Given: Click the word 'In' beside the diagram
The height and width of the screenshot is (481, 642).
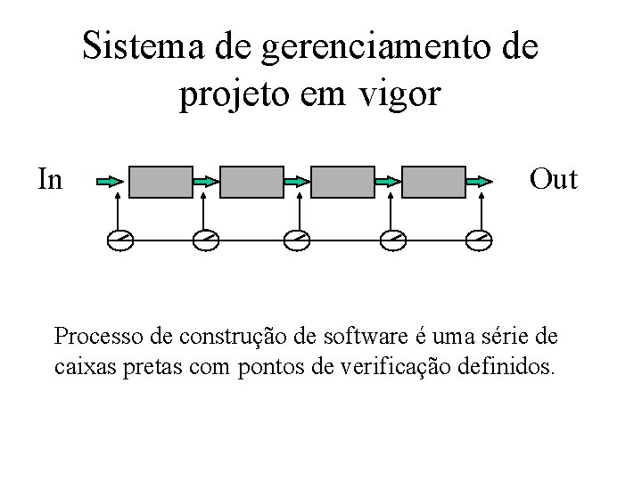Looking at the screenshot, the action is coord(50,179).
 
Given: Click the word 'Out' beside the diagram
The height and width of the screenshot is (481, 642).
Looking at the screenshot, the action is coord(554,179).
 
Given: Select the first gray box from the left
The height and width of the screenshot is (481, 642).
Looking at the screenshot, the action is coord(161,181).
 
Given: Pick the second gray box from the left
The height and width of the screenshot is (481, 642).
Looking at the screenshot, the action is coord(252,181).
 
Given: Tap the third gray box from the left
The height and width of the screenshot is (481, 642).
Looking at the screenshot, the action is coord(343,181).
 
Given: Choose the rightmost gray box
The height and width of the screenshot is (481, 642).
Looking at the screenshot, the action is coord(434,181).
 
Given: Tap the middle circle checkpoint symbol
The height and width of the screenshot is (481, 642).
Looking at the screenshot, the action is coord(298,240).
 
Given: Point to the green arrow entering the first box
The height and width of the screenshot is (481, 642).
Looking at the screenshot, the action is coord(111,181).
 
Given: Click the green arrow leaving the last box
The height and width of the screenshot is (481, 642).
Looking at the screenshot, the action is coord(479,181).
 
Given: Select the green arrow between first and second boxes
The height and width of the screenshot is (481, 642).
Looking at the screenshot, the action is coord(205,181).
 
